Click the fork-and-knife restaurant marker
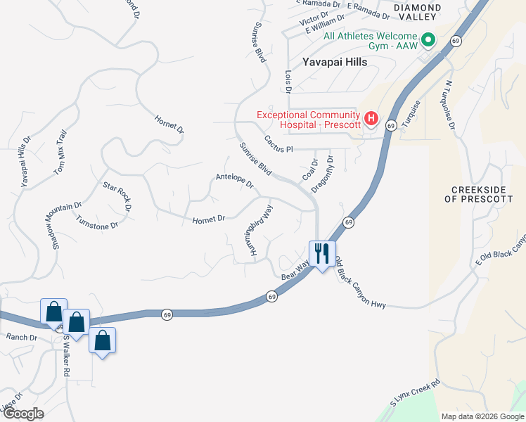coord(322,253)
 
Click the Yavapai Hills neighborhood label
coord(335,62)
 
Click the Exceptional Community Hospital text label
coord(308,120)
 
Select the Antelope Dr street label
coord(235,181)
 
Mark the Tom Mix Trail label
coord(60,153)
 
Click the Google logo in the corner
coord(23,414)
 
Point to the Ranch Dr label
coord(21,337)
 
